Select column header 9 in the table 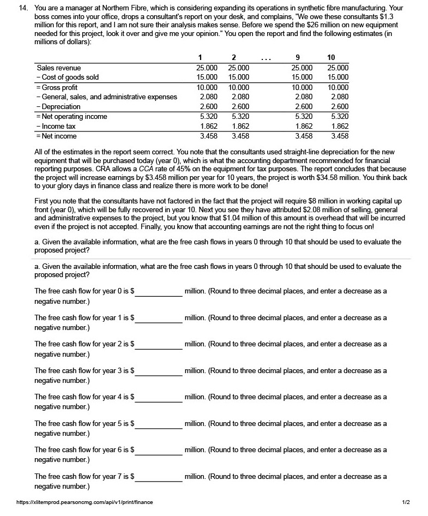pos(297,58)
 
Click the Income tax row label pos(56,127)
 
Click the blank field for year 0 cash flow pos(159,292)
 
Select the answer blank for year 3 pos(159,371)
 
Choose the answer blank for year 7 pos(159,477)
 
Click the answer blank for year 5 pos(159,424)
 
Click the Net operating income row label pos(71,117)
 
